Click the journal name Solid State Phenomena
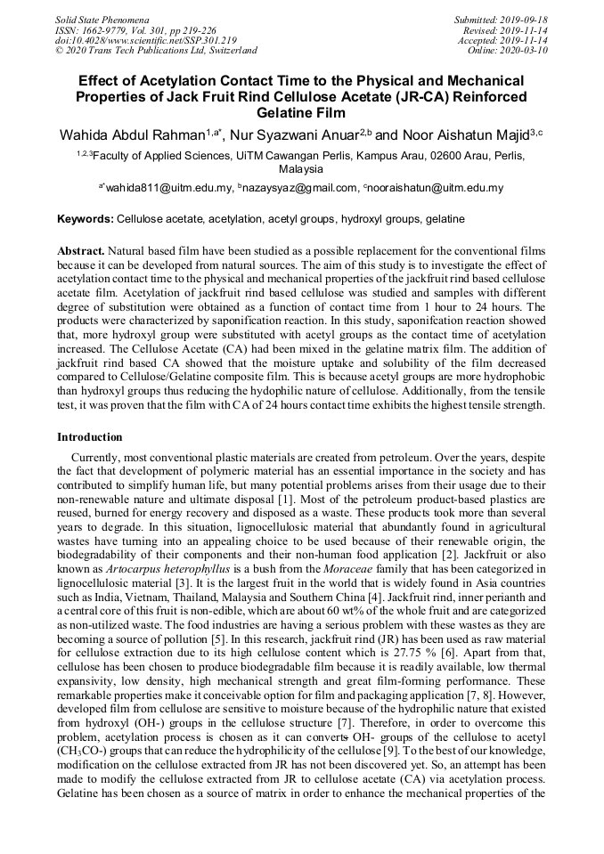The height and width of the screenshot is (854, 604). tap(102, 20)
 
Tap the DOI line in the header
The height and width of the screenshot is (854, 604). tap(145, 40)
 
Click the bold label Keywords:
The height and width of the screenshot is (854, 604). tap(86, 218)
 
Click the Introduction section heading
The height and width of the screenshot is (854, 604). tap(90, 437)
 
